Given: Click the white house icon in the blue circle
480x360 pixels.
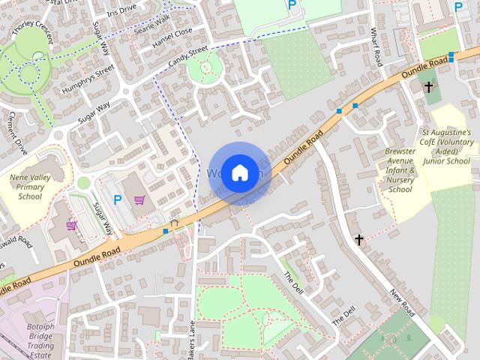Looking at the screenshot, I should [x=238, y=172].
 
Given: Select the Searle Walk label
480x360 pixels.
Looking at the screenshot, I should [x=153, y=23].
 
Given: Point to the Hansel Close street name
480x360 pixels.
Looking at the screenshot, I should [x=172, y=37].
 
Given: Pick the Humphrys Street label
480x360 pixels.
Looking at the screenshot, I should [x=89, y=79].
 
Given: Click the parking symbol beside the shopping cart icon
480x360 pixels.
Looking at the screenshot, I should [x=117, y=199].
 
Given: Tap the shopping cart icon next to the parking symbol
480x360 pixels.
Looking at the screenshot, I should [x=139, y=199].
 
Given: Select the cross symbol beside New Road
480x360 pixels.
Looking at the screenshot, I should [x=359, y=240].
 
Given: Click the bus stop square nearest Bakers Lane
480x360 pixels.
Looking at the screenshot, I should [x=166, y=231].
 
